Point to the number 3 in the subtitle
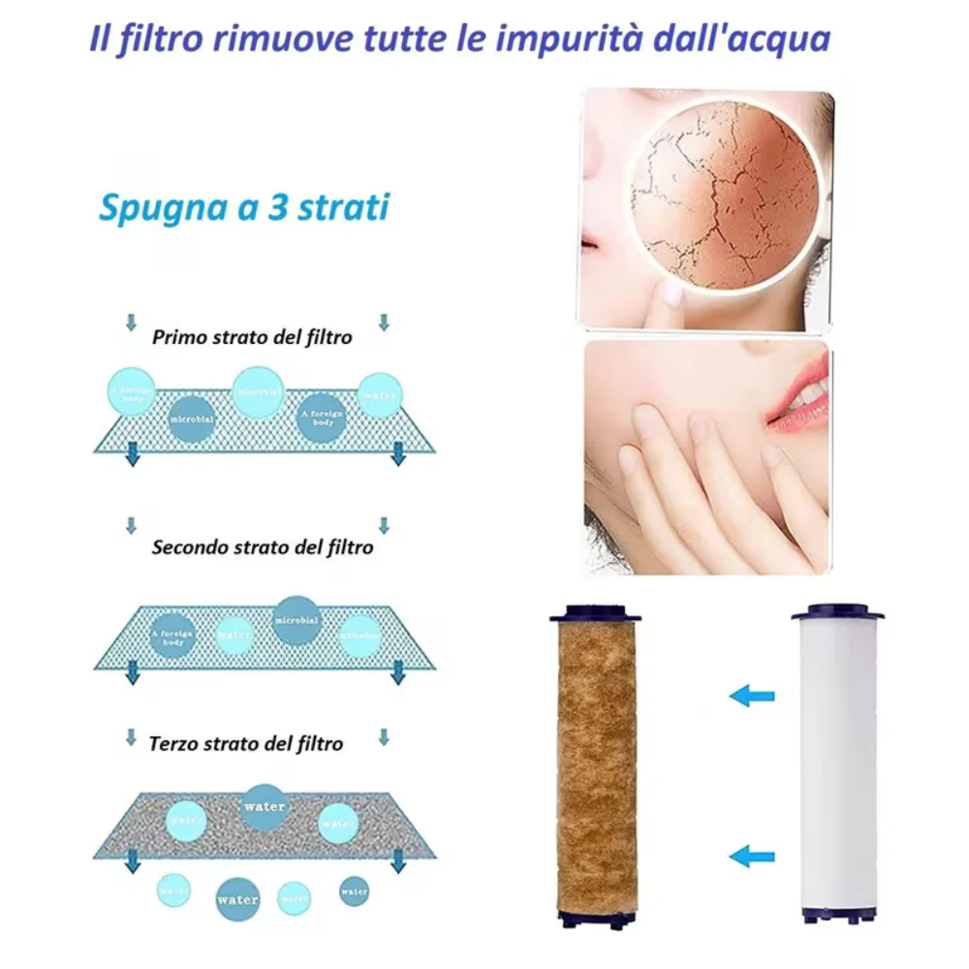point(278,208)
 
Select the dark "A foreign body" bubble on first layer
point(321,418)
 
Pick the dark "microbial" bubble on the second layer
point(297,621)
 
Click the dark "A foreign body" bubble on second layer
point(172,636)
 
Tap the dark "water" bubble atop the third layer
point(265,807)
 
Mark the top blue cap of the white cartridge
point(837,613)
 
